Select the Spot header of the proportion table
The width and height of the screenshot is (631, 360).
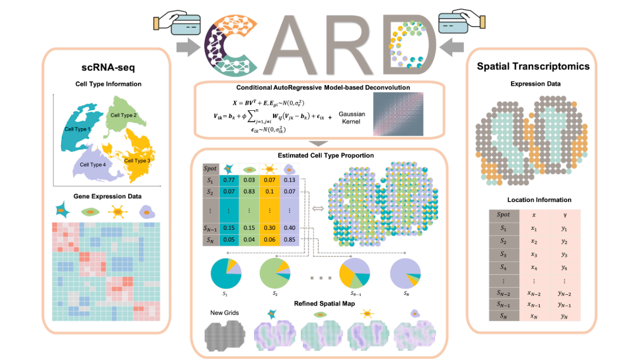210,168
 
